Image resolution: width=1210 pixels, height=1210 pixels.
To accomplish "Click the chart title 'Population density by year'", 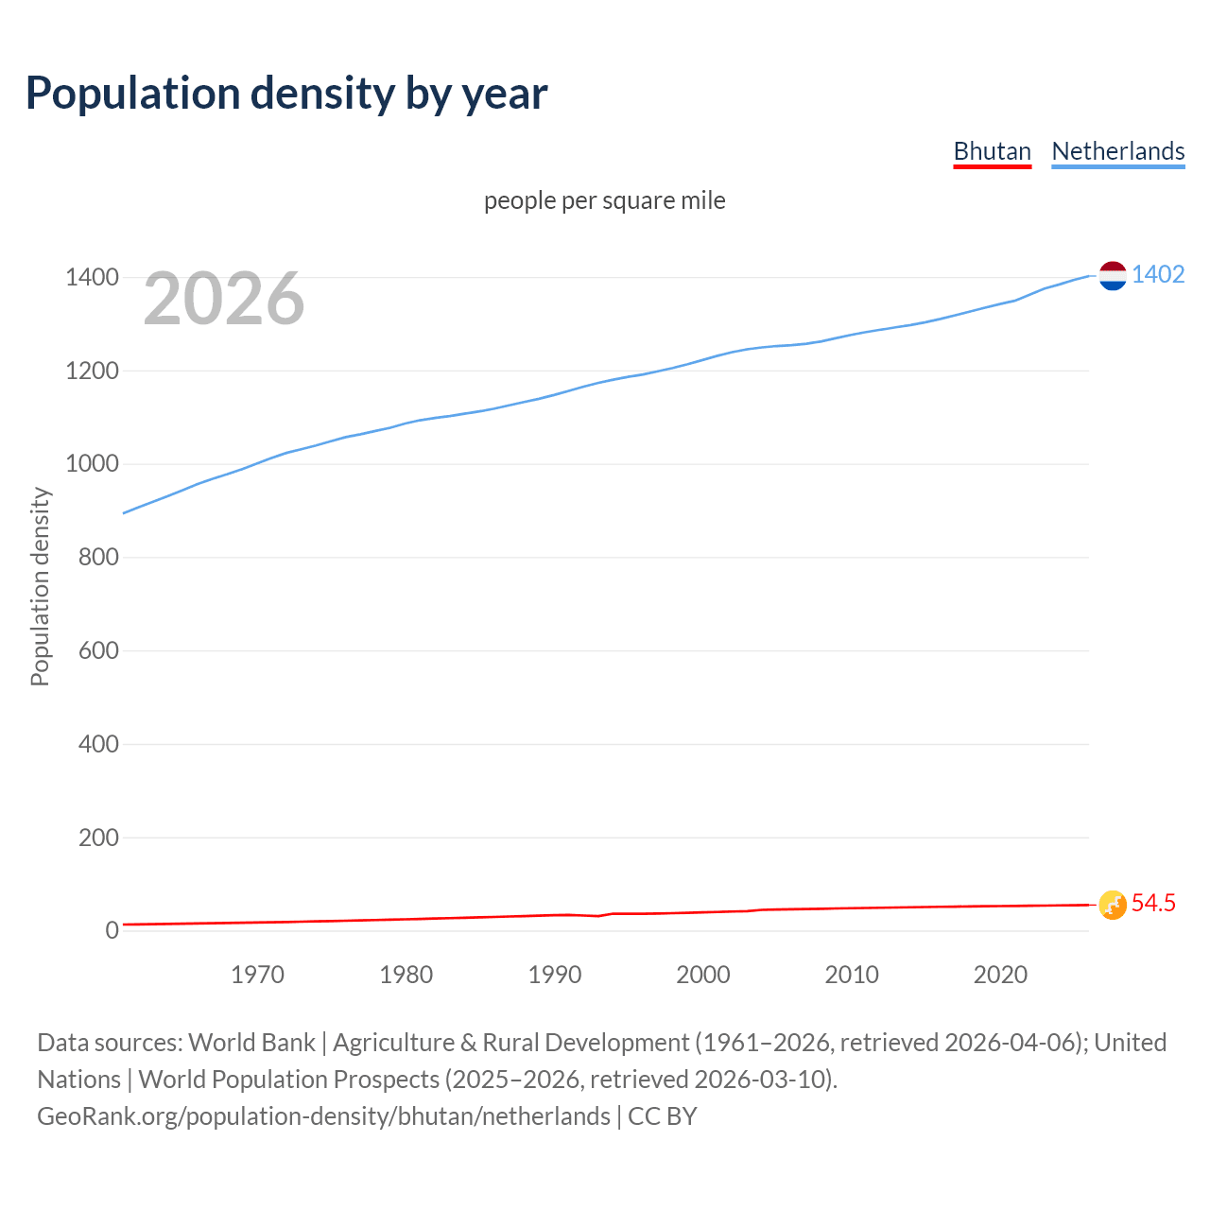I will [286, 93].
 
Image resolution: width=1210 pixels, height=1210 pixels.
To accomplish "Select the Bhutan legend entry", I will [992, 151].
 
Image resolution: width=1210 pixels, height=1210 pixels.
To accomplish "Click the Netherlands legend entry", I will [1117, 151].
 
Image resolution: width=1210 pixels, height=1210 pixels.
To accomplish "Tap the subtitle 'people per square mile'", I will [604, 200].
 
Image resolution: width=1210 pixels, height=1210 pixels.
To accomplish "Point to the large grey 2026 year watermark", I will [224, 299].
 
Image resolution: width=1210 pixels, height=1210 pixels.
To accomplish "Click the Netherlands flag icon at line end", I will [1113, 275].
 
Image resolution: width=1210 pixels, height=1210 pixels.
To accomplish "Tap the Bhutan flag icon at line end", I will [1113, 905].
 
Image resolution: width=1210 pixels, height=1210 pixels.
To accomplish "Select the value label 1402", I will [1158, 274].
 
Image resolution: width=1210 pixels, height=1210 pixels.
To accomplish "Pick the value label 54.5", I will [1153, 903].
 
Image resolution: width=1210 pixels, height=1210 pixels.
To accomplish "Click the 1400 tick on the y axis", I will [92, 277].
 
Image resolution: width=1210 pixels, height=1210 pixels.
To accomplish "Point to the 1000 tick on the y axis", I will [92, 464].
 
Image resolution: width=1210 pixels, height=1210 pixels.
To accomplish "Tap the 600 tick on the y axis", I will [98, 650].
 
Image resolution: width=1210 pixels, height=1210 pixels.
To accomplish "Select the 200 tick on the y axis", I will [98, 838].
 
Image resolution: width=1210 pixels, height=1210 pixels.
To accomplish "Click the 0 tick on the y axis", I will [112, 930].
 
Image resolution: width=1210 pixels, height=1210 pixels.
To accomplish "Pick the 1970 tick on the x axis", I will [257, 975].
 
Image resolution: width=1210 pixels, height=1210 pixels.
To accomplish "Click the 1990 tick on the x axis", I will [555, 975].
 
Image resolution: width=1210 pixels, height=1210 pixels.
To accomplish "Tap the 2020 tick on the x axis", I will [1000, 975].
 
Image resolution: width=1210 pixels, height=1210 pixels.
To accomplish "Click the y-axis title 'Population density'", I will [40, 586].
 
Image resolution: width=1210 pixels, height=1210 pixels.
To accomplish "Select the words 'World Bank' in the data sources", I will [251, 1042].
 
